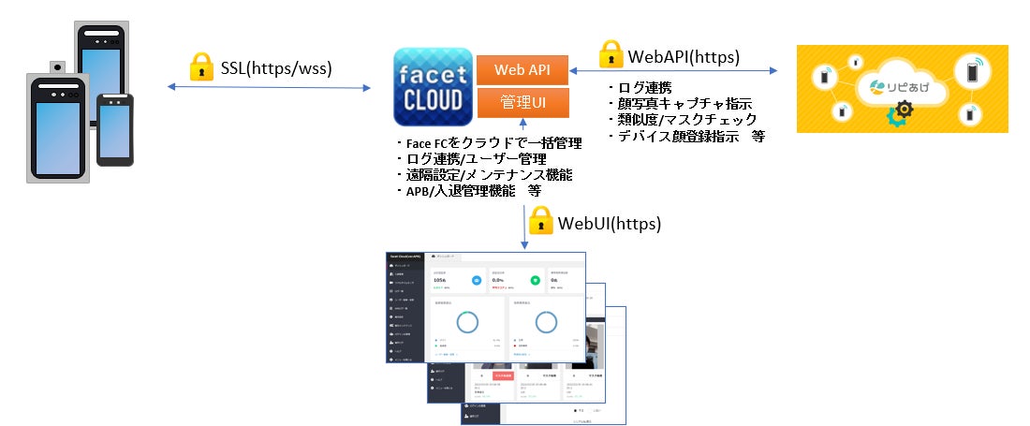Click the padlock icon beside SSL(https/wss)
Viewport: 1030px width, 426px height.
point(201,66)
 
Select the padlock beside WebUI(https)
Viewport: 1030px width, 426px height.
point(541,221)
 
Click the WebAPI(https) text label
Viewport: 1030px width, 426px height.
point(684,56)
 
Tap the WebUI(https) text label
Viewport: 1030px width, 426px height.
point(610,223)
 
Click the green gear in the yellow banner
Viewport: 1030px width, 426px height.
point(898,116)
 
